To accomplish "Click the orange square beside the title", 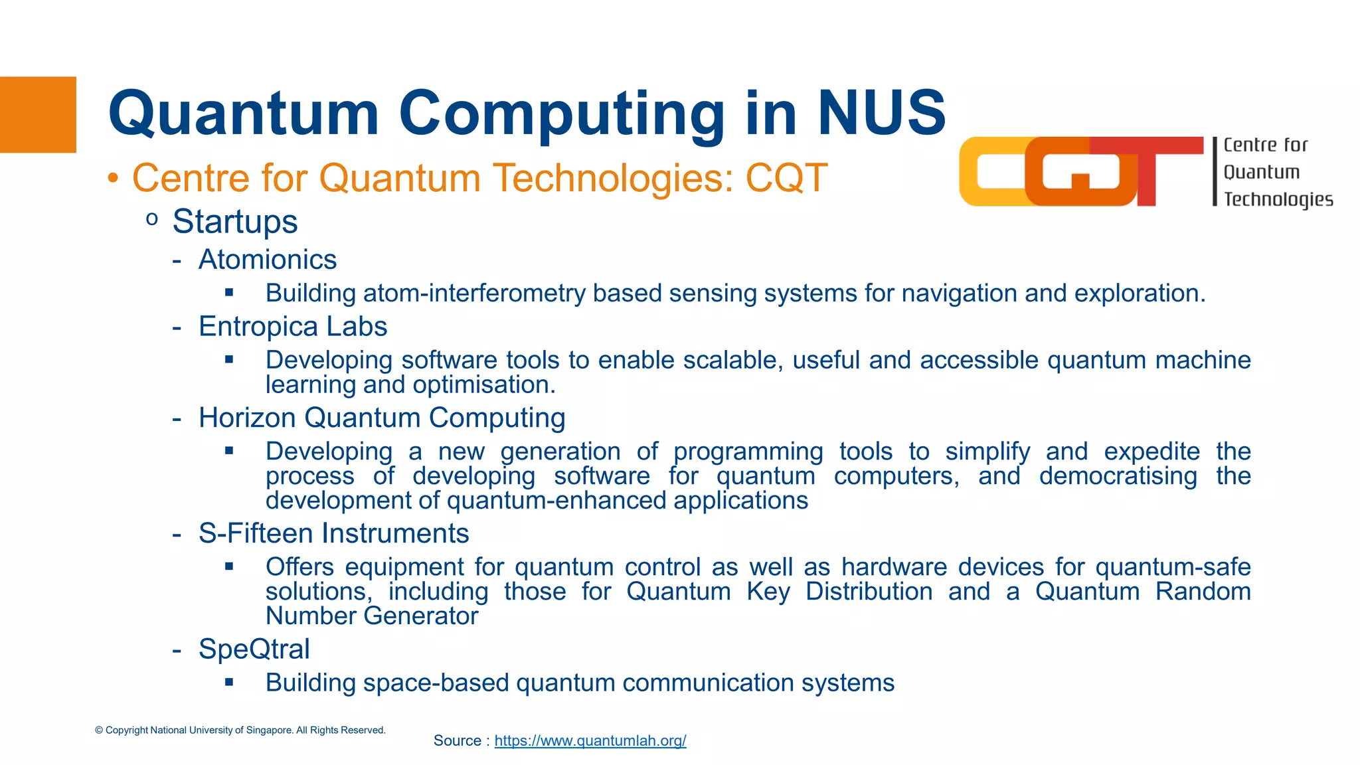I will click(x=38, y=114).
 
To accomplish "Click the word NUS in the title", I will click(x=881, y=113).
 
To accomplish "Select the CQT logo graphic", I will click(x=1080, y=171).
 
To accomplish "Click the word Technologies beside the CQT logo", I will click(x=1278, y=199).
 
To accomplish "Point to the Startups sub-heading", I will click(x=234, y=221).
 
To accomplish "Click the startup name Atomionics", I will click(x=268, y=260).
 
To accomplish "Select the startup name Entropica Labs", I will click(x=293, y=327).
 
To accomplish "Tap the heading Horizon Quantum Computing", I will click(x=382, y=418).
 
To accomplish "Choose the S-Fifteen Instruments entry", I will click(x=333, y=533).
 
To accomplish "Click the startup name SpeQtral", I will click(x=254, y=649).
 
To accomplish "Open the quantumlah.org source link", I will click(x=590, y=740).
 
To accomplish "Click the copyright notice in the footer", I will click(x=240, y=730).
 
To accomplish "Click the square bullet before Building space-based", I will click(x=229, y=682).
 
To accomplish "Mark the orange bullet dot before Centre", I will click(x=114, y=178).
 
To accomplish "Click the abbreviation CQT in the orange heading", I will click(x=786, y=178).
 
